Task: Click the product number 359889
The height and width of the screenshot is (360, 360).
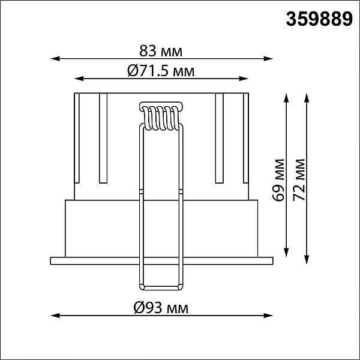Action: pos(319,19)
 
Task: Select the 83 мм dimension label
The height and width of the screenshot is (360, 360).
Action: pos(161,51)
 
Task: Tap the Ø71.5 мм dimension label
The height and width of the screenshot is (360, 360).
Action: pos(161,71)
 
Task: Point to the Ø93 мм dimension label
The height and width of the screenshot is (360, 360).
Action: pos(161,308)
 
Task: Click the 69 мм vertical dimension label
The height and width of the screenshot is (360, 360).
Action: pos(278,180)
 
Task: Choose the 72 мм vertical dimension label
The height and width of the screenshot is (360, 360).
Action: pos(299,180)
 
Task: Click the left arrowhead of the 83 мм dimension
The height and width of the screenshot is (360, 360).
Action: pos(55,59)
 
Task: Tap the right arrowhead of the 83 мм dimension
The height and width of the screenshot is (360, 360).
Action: pos(268,59)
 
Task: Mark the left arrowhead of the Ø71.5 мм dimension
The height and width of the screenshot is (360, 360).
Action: pos(79,79)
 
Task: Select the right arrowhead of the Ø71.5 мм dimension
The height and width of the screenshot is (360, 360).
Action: pos(244,79)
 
